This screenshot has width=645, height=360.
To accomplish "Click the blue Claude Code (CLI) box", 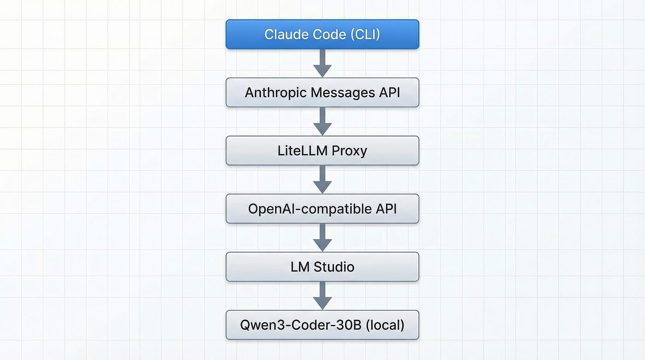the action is click(322, 34).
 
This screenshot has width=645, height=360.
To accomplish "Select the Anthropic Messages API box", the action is click(322, 93).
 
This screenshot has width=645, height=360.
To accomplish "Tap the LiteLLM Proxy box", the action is click(322, 151).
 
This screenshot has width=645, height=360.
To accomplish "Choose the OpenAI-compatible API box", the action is click(322, 209).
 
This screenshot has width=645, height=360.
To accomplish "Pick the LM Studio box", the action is click(322, 267).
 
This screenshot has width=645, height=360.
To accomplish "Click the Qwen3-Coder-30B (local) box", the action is click(322, 325).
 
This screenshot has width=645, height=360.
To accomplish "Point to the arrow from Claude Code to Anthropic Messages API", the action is click(322, 63).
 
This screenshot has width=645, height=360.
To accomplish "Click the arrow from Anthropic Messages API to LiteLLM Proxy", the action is click(322, 122).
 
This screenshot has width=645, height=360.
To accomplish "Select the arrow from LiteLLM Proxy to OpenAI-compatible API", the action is click(322, 180).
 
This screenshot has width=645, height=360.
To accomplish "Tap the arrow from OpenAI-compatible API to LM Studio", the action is click(322, 238).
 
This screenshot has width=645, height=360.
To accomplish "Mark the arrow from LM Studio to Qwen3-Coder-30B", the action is click(322, 296).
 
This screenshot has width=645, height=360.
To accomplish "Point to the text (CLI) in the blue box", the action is click(365, 35).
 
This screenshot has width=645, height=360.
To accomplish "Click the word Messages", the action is click(343, 93).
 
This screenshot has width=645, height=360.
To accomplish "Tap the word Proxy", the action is click(349, 151).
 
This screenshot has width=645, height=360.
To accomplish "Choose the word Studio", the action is click(334, 267).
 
